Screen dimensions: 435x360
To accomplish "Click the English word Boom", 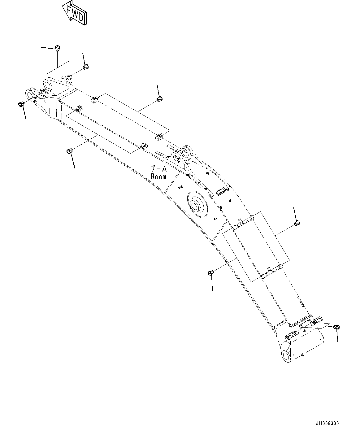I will tap(158, 177).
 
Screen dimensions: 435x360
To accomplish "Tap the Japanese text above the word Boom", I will tap(158, 169).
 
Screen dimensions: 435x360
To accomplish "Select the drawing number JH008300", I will tap(327, 423).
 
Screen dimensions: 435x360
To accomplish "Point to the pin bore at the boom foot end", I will tap(287, 355).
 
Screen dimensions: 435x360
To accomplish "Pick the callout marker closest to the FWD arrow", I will tap(57, 48).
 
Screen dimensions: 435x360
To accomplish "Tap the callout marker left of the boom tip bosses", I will tap(21, 104).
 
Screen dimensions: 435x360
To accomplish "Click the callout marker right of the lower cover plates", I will tap(297, 222).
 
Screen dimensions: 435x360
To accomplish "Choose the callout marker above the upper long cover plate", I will tap(159, 99).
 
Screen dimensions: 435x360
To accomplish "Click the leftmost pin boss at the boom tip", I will tap(30, 94).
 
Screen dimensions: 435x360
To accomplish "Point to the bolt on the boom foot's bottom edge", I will tap(303, 355).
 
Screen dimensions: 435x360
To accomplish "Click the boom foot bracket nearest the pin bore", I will tap(293, 334).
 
